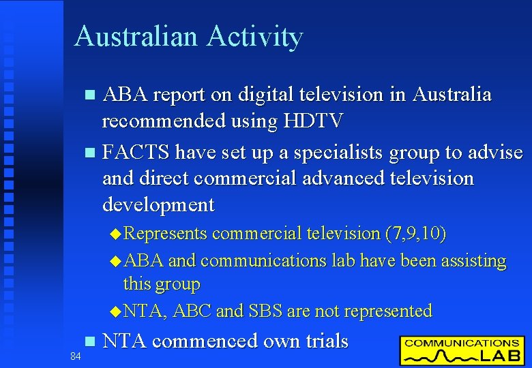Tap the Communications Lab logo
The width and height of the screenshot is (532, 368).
462,350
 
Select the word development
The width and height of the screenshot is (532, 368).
158,204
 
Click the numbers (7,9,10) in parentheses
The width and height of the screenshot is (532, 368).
415,234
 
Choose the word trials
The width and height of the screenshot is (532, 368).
319,341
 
